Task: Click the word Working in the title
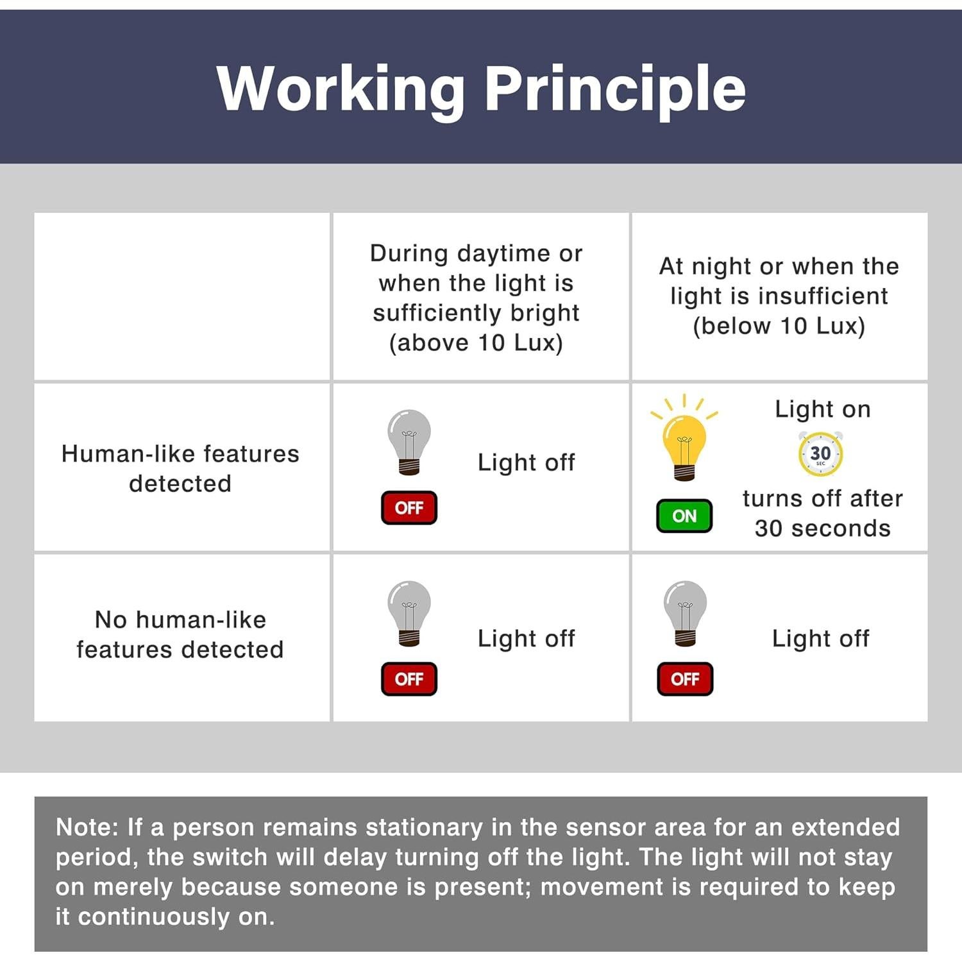341,90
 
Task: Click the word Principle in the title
615,90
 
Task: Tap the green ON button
684,516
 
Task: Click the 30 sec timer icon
820,454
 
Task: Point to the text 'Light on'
823,409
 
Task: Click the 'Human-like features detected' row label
180,468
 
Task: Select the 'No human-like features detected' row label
180,634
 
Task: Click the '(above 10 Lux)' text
476,342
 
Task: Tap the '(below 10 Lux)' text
779,326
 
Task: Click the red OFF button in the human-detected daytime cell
409,507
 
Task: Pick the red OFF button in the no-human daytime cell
409,679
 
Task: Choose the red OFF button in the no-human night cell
685,679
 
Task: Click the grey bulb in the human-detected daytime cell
409,442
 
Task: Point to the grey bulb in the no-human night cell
685,613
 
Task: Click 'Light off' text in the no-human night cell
821,638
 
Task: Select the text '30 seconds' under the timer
823,528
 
